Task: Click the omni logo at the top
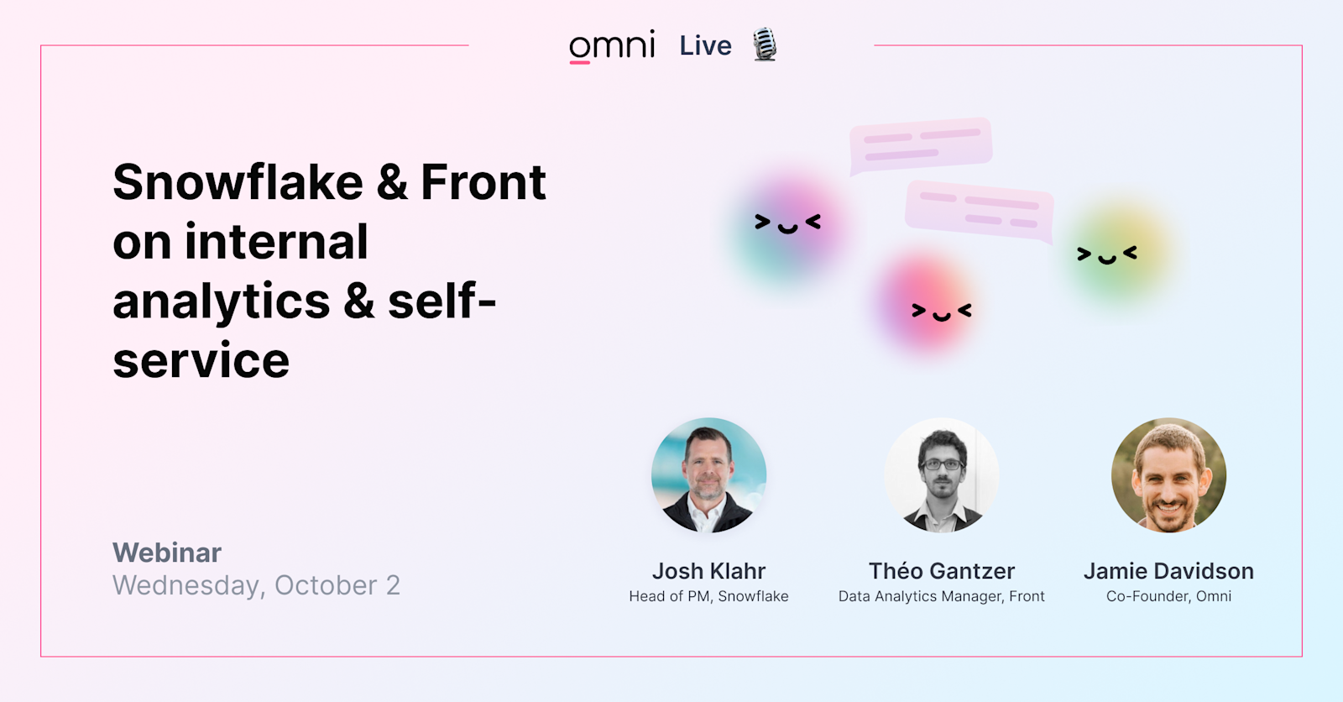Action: (x=612, y=46)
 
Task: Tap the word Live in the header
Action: (x=705, y=46)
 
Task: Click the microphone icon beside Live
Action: (x=765, y=45)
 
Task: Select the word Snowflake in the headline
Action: (x=238, y=182)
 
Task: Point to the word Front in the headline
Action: (x=483, y=182)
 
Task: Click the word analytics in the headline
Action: (x=222, y=302)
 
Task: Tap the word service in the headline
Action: (x=201, y=361)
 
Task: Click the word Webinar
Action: (x=167, y=553)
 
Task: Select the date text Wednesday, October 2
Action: (x=256, y=585)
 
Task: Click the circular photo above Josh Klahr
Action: (x=708, y=475)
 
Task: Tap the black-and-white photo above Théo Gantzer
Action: (x=941, y=475)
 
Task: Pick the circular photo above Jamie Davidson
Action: (x=1168, y=475)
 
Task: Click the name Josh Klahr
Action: (x=708, y=571)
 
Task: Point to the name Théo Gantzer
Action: (x=941, y=571)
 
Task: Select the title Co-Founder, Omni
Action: (x=1168, y=596)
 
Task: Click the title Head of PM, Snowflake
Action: (x=708, y=596)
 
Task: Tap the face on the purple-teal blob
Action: (x=787, y=223)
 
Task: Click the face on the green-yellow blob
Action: (x=1107, y=255)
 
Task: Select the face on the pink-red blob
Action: (x=941, y=312)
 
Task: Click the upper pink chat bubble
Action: (x=920, y=145)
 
